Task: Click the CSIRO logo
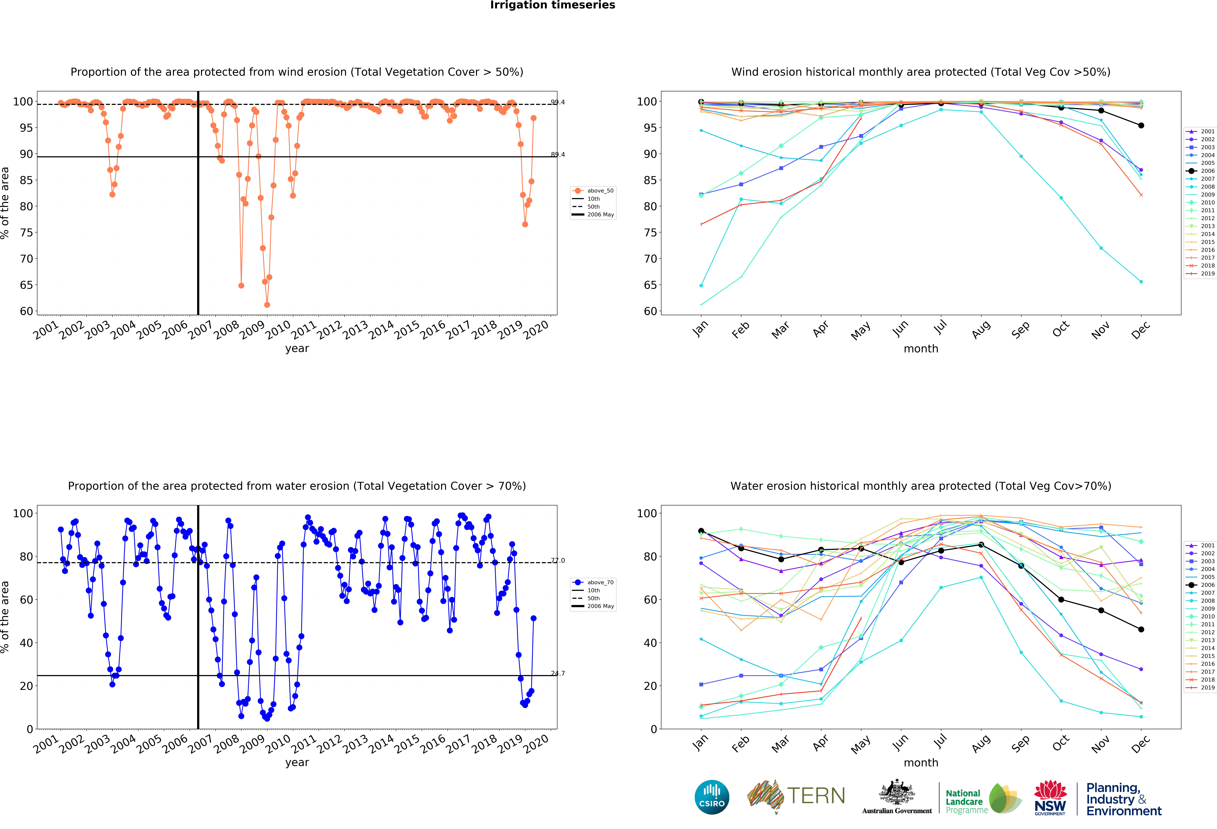(712, 797)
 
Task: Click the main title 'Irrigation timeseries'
(552, 5)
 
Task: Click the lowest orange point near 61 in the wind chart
(267, 305)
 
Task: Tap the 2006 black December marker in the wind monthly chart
(1141, 126)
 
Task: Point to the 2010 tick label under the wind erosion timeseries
(278, 330)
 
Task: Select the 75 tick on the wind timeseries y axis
(26, 232)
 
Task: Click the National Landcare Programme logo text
(964, 801)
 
